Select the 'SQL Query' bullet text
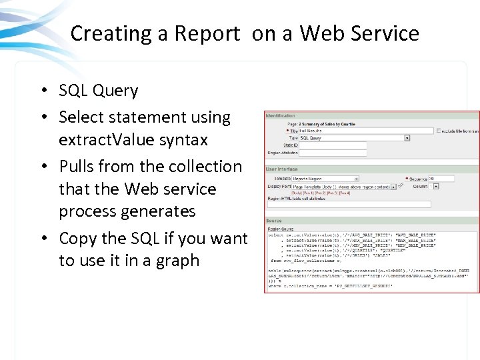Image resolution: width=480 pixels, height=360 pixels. coord(98,91)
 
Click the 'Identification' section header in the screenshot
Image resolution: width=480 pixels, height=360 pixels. coord(281,116)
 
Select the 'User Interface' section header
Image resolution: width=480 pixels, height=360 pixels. coord(282,169)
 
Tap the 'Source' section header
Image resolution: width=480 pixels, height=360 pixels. coord(274,220)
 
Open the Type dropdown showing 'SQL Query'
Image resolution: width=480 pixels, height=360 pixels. coord(354,138)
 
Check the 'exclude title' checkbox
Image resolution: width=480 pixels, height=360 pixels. coord(438,131)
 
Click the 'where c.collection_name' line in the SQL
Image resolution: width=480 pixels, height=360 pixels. coord(330,286)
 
